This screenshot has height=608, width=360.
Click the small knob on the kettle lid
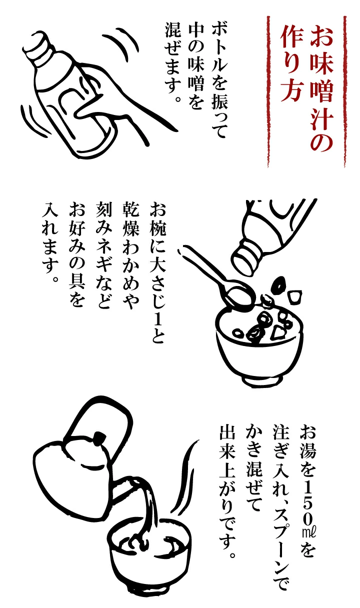pos(98,439)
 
